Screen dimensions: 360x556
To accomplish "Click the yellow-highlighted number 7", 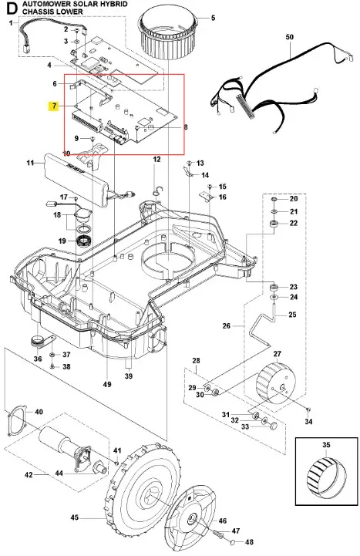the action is [54, 106].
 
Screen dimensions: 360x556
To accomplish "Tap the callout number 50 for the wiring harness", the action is [290, 37].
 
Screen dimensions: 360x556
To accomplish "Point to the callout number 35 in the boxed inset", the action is [326, 445].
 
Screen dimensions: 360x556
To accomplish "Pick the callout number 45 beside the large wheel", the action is [74, 517].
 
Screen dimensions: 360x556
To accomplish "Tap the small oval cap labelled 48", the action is [233, 541].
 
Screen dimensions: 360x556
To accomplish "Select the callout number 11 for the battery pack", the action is [31, 163].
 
